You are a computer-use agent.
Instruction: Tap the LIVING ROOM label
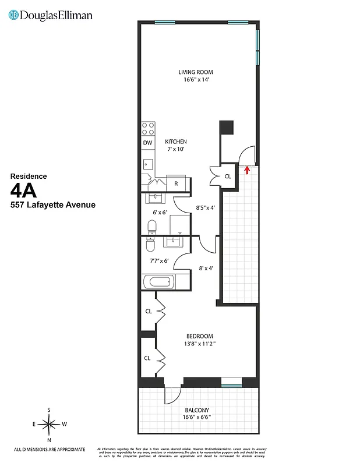pos(193,72)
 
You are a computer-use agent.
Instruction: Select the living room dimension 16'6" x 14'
pos(193,80)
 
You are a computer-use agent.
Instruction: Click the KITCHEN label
pos(175,142)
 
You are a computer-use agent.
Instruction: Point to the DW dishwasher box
pos(147,143)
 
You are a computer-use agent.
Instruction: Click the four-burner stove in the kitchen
pos(148,128)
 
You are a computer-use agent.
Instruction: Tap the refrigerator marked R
pos(177,183)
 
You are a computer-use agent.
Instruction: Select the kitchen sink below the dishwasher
pos(148,163)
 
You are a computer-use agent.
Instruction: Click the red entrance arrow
pos(248,170)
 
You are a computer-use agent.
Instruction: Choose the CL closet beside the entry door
pos(227,176)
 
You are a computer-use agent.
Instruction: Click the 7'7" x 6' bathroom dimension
pos(159,260)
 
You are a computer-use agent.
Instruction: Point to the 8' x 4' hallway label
pos(206,269)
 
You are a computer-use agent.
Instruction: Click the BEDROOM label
pos(199,336)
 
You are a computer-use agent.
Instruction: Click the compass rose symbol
pos(49,425)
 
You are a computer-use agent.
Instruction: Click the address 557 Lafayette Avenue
pos(53,205)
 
